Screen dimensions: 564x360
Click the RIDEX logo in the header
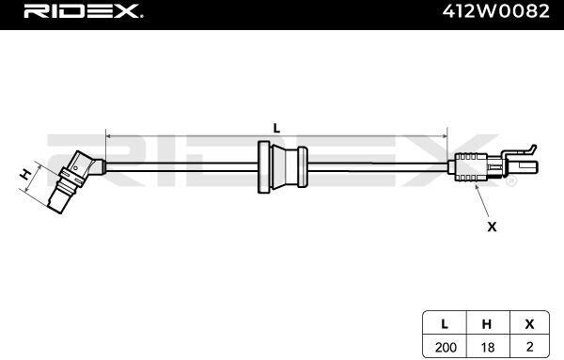point(84,11)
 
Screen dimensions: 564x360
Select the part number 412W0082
point(496,11)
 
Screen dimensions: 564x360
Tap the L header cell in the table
point(445,324)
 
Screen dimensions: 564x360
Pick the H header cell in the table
point(487,324)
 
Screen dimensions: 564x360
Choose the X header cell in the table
point(529,324)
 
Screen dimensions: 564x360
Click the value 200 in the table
point(446,348)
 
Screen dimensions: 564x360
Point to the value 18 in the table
point(487,348)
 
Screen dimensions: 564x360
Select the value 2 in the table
point(529,347)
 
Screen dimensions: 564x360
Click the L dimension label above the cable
point(276,128)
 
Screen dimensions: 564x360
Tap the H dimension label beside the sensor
point(25,175)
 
